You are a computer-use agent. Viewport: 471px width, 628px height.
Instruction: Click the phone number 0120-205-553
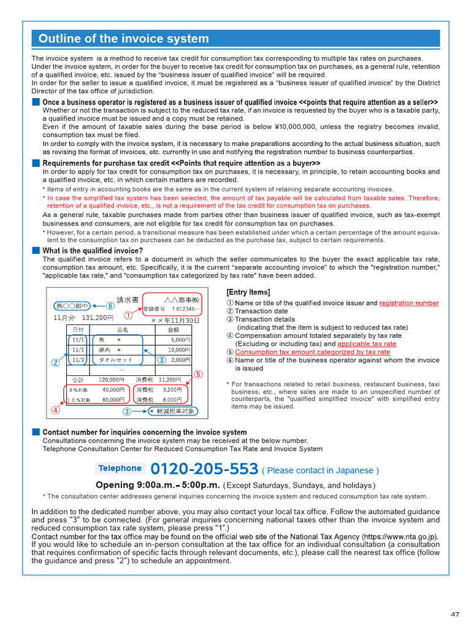click(x=204, y=469)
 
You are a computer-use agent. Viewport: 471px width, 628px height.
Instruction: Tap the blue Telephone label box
click(x=120, y=469)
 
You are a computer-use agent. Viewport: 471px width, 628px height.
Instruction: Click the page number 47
click(x=454, y=614)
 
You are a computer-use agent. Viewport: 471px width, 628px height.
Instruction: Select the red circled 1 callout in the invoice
click(x=128, y=315)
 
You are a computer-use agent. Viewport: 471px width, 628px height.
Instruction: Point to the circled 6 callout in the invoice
click(x=110, y=305)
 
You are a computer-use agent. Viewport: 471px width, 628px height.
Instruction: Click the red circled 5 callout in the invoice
click(x=198, y=373)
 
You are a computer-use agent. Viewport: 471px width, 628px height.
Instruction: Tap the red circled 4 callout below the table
click(x=56, y=410)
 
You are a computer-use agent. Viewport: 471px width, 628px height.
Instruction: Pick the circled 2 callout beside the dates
click(x=55, y=362)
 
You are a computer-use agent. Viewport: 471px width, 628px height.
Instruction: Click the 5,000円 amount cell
click(x=180, y=339)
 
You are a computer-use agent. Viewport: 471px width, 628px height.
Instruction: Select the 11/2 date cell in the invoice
click(x=78, y=359)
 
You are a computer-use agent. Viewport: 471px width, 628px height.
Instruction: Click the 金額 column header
click(x=174, y=329)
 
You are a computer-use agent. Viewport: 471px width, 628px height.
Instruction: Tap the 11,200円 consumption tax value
click(x=169, y=380)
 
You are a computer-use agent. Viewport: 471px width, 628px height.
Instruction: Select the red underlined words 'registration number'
click(x=408, y=303)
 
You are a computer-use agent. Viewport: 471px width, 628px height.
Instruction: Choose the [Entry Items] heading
click(x=248, y=292)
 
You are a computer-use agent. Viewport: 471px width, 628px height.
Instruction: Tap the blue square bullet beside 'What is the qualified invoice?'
click(x=36, y=250)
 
